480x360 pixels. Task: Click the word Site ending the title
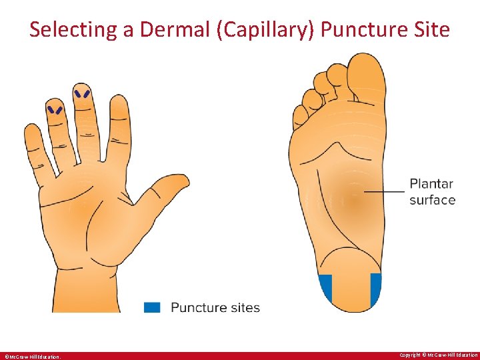click(x=433, y=30)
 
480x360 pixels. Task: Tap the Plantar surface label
click(x=432, y=192)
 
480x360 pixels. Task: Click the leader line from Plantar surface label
click(x=385, y=191)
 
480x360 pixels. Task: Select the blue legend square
click(x=153, y=307)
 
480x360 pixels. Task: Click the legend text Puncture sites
click(x=215, y=307)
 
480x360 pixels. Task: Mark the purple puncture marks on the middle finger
click(x=83, y=94)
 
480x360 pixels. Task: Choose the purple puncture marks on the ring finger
click(x=55, y=109)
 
